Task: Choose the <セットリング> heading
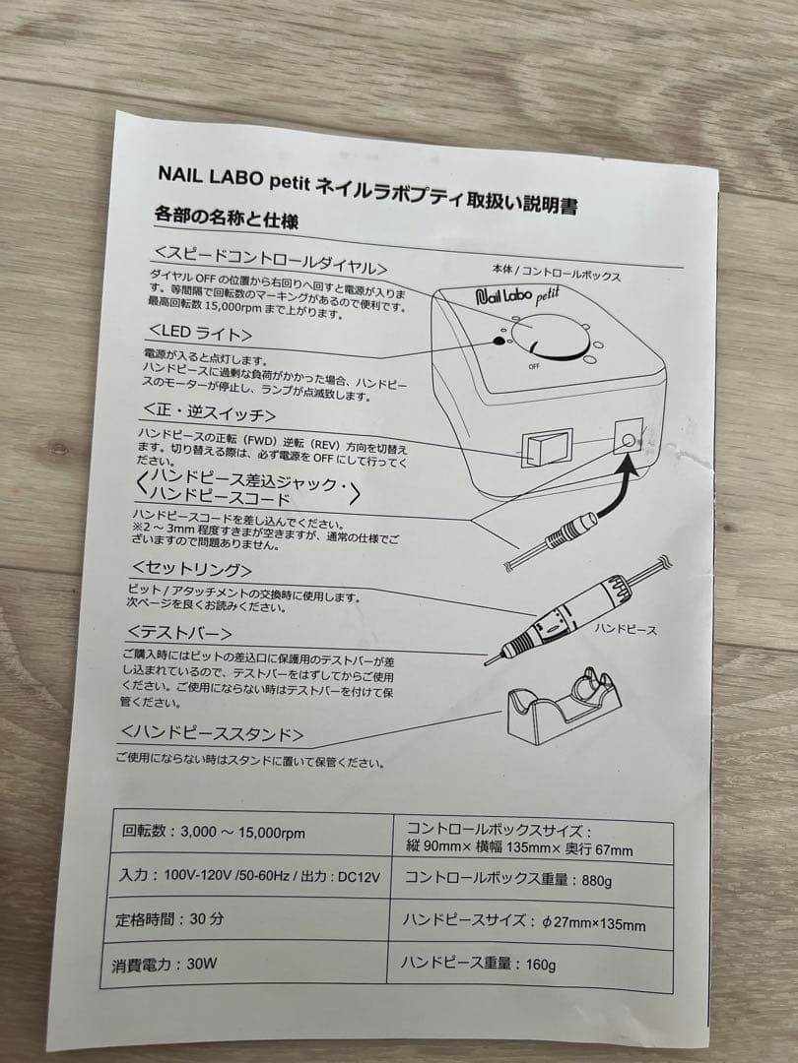pyautogui.click(x=192, y=569)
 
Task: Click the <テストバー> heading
pyautogui.click(x=178, y=633)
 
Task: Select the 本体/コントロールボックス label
pyautogui.click(x=556, y=273)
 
